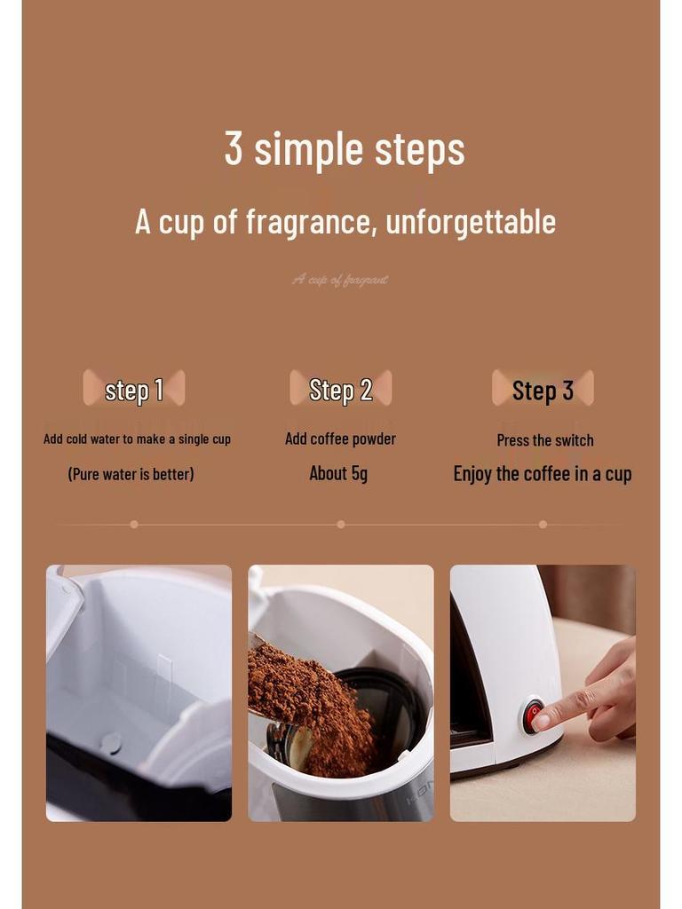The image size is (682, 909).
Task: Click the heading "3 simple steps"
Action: pyautogui.click(x=345, y=149)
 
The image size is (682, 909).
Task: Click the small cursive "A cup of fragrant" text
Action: pyautogui.click(x=340, y=280)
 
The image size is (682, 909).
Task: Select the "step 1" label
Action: pyautogui.click(x=134, y=390)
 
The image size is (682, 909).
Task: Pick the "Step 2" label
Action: pyautogui.click(x=340, y=390)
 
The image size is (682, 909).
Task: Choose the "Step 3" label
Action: pyautogui.click(x=543, y=391)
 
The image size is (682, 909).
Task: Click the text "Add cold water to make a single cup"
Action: pyautogui.click(x=137, y=439)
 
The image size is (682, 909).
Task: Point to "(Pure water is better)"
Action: pyautogui.click(x=131, y=474)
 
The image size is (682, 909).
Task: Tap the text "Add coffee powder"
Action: pyautogui.click(x=340, y=439)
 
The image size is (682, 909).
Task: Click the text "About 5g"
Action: pyautogui.click(x=338, y=473)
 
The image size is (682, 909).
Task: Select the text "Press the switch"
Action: pyautogui.click(x=545, y=440)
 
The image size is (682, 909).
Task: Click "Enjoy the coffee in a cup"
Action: pyautogui.click(x=543, y=474)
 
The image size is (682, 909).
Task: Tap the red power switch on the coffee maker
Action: pyautogui.click(x=533, y=715)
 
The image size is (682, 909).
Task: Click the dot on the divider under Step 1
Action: pyautogui.click(x=134, y=525)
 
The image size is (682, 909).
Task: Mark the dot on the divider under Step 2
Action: pyautogui.click(x=340, y=525)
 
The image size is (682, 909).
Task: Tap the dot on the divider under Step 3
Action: pyautogui.click(x=543, y=525)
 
